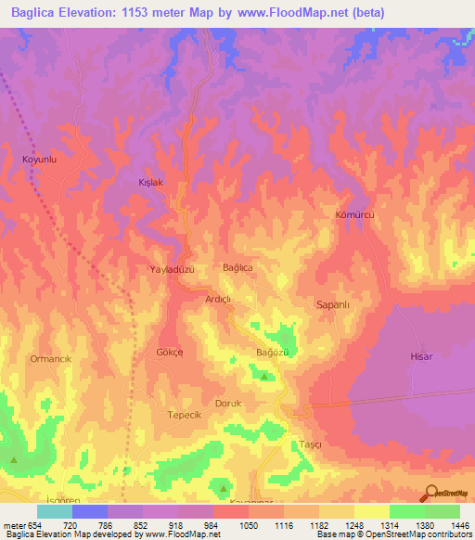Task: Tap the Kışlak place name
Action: click(150, 183)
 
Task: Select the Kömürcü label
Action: click(353, 214)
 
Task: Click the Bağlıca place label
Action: click(237, 267)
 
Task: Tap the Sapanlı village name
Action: click(332, 303)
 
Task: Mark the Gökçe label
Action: click(170, 354)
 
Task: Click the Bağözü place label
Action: click(273, 354)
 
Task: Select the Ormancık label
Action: click(51, 358)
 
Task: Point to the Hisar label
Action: click(421, 356)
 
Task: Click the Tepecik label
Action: click(184, 415)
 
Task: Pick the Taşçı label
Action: click(310, 444)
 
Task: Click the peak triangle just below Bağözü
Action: click(264, 377)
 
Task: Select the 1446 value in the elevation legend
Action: click(458, 525)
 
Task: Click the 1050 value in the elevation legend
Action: click(248, 525)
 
